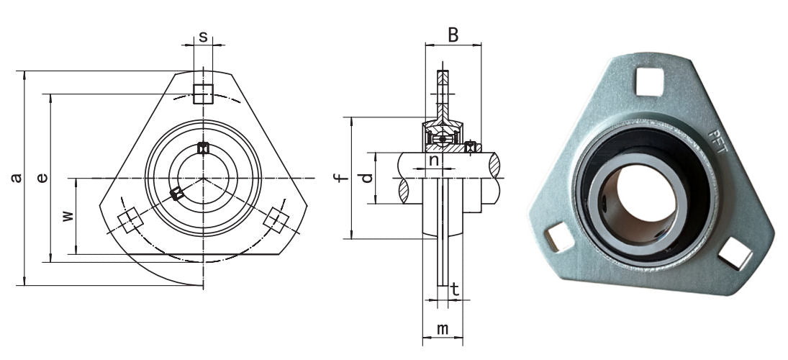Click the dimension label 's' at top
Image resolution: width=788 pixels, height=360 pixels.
203,36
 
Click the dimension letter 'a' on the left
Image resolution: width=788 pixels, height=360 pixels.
16,177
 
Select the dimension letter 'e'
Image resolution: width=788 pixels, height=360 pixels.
42,177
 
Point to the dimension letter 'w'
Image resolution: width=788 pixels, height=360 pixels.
67,215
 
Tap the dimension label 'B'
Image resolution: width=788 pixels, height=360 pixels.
453,35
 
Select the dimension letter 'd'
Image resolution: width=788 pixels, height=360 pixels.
367,177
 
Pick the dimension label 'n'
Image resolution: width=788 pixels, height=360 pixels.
434,160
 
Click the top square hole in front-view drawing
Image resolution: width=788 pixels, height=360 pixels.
203,94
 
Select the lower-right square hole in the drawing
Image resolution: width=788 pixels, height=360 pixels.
276,221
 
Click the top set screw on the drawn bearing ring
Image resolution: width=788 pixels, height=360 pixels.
203,148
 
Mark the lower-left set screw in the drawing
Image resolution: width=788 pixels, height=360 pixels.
176,193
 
